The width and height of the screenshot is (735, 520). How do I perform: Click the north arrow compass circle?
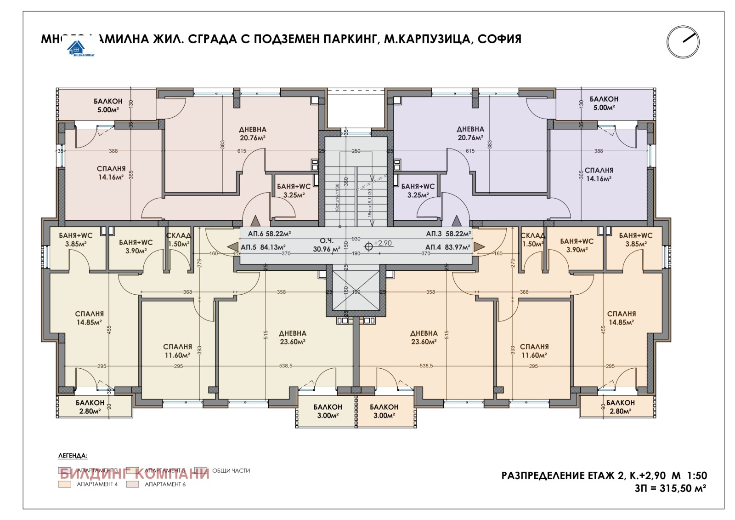[x=683, y=42]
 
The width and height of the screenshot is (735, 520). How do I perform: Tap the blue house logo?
[x=76, y=47]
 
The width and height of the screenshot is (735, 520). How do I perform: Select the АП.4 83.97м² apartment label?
[x=447, y=247]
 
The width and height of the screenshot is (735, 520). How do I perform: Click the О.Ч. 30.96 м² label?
[x=327, y=245]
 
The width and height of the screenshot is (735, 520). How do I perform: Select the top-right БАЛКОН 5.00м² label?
[x=604, y=103]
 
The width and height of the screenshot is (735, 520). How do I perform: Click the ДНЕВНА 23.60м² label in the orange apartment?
[x=424, y=337]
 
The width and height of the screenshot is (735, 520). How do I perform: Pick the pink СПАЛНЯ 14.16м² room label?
[x=111, y=173]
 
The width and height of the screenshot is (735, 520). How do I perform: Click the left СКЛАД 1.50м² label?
[x=178, y=240]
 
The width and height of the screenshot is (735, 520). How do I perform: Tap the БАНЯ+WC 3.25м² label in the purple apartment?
[x=418, y=190]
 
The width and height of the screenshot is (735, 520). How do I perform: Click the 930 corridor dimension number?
[x=356, y=239]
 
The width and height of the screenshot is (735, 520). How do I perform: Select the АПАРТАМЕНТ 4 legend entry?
[x=97, y=484]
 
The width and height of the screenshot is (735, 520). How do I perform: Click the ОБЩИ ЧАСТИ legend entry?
[x=231, y=470]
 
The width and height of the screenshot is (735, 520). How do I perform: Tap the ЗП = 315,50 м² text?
[x=670, y=488]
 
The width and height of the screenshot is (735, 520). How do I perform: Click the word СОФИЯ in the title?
[x=499, y=39]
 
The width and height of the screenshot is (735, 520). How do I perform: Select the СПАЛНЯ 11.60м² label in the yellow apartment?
[x=177, y=351]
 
